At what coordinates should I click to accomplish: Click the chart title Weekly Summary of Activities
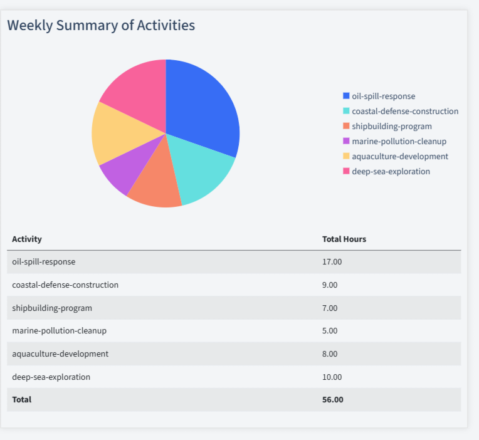pos(101,26)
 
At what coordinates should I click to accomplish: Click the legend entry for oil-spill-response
pos(383,96)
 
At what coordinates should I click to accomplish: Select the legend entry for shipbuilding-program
pos(391,126)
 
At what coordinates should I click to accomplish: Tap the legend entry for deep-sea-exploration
pos(391,171)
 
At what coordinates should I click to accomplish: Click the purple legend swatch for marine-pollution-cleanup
pos(346,141)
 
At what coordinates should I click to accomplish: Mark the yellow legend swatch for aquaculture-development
pos(346,156)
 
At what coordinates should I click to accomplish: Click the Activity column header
pos(27,239)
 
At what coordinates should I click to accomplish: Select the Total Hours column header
pos(344,239)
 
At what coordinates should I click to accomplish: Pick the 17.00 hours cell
pos(332,261)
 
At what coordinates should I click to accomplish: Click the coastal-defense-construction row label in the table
pos(65,285)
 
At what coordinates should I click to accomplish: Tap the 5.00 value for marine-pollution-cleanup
pos(330,330)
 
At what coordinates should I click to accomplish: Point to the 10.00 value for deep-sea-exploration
pos(332,377)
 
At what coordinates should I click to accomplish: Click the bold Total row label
pos(21,399)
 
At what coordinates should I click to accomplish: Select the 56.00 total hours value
pos(332,399)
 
